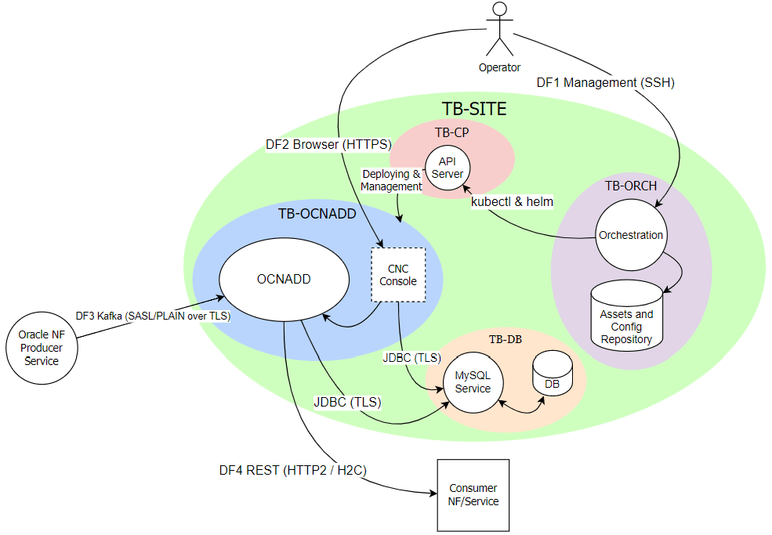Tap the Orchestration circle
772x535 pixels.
[630, 235]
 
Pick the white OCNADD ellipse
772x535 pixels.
[284, 279]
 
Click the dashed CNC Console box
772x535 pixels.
[397, 275]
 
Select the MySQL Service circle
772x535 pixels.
[473, 383]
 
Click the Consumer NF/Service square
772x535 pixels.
[473, 495]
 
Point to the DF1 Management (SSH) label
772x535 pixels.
[605, 82]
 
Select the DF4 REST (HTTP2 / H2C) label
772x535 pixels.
[292, 470]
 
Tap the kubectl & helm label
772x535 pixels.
[512, 202]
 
